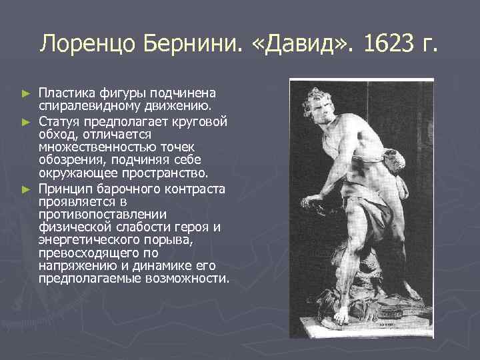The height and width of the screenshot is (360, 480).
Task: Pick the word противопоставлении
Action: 93,214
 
